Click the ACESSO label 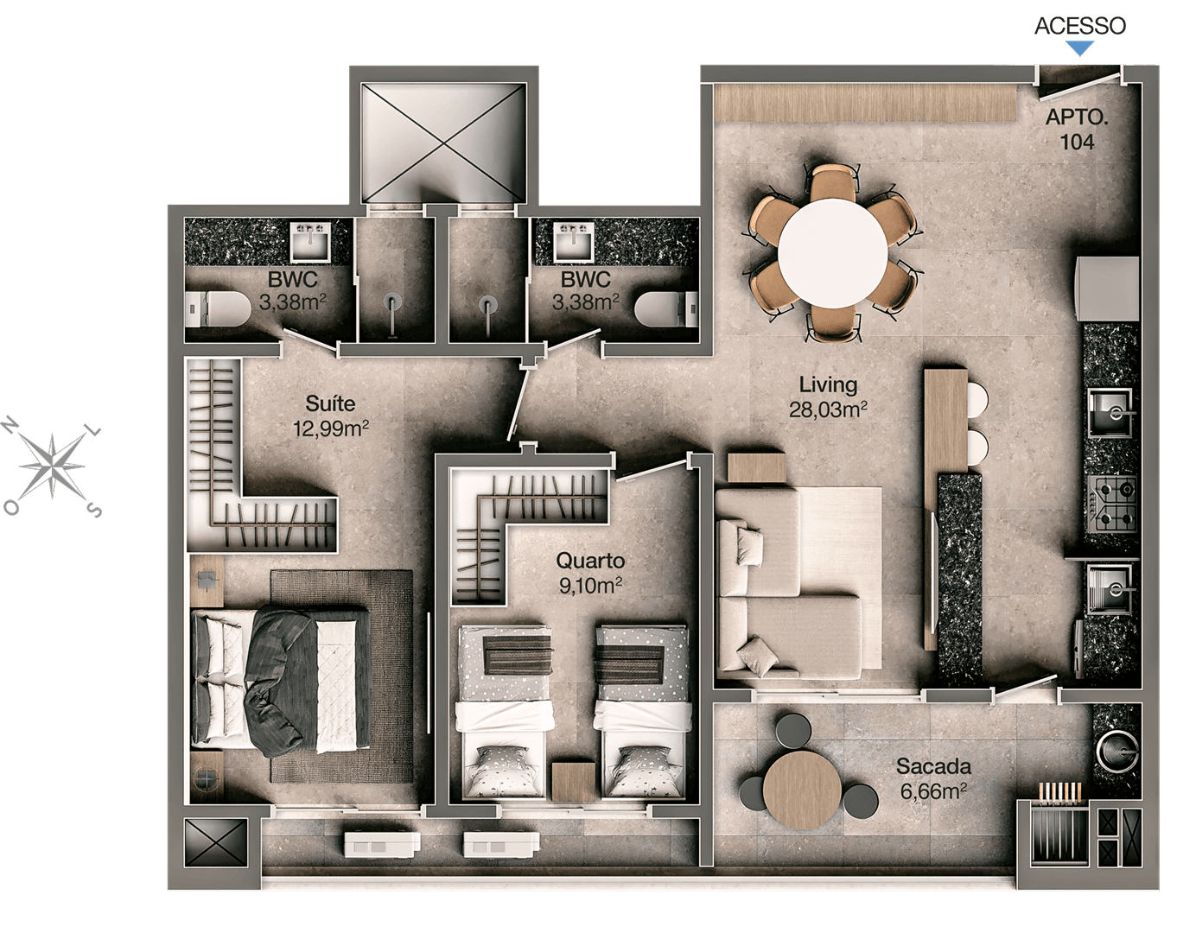(1080, 26)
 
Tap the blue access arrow (1080, 48)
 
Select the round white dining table (832, 254)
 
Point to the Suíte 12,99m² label (330, 416)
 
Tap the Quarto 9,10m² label (590, 573)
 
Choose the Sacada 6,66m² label (933, 778)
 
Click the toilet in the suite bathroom (218, 309)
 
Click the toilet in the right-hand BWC (666, 310)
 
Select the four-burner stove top (1114, 504)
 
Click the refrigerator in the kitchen (1107, 289)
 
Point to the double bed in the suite (281, 680)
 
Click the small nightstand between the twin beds (574, 782)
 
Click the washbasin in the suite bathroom (311, 242)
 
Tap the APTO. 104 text (1077, 130)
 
